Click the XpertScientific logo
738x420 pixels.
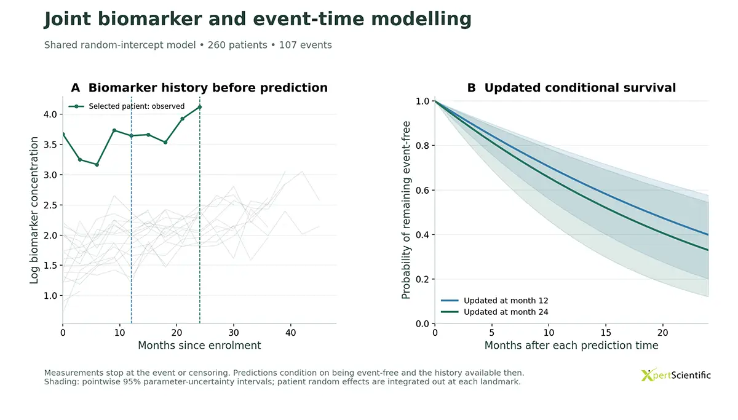coord(675,375)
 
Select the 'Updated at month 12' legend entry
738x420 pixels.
coord(494,301)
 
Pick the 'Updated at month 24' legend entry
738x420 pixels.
coord(494,312)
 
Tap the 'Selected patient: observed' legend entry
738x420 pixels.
coord(127,106)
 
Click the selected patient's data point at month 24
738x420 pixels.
coord(200,107)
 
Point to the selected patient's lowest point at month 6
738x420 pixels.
coord(97,165)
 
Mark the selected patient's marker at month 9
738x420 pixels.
coord(114,130)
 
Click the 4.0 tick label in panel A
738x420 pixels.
coord(50,114)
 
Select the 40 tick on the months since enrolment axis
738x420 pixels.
coord(290,333)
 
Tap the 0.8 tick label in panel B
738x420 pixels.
coord(423,146)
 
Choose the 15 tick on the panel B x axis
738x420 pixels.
coord(606,333)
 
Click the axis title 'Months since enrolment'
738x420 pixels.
coord(199,346)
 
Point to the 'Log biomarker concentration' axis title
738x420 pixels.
coord(34,210)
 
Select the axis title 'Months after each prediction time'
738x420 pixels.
coord(571,346)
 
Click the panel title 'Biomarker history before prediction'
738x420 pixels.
coord(208,87)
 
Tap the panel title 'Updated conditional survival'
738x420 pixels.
coord(580,87)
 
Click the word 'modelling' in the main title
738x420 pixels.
coord(421,19)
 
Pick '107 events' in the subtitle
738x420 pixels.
coord(306,45)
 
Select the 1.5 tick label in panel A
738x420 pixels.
coord(50,266)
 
